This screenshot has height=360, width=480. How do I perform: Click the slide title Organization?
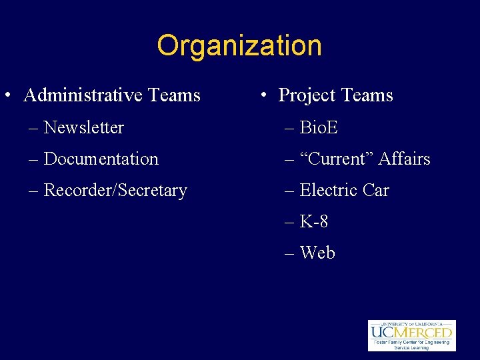coord(239,46)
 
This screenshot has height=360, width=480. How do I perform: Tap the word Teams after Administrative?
coord(175,95)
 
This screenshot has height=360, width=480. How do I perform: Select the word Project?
coord(307,95)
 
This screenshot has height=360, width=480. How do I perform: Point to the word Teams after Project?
coord(367,95)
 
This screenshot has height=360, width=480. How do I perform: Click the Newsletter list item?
coord(83,127)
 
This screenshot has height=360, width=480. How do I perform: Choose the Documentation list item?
coord(101,159)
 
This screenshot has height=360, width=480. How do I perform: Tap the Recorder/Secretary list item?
coord(115,190)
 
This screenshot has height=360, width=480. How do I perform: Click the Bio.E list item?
coord(319,127)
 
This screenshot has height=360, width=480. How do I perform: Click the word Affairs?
coord(404,159)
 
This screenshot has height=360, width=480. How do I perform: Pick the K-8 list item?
coord(314,221)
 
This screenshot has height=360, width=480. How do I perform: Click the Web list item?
coord(317,253)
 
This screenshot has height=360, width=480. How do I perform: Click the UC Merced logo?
coord(411,335)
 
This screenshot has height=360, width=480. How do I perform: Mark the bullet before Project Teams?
coord(264,95)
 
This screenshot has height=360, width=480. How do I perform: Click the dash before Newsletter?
coord(33,128)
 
